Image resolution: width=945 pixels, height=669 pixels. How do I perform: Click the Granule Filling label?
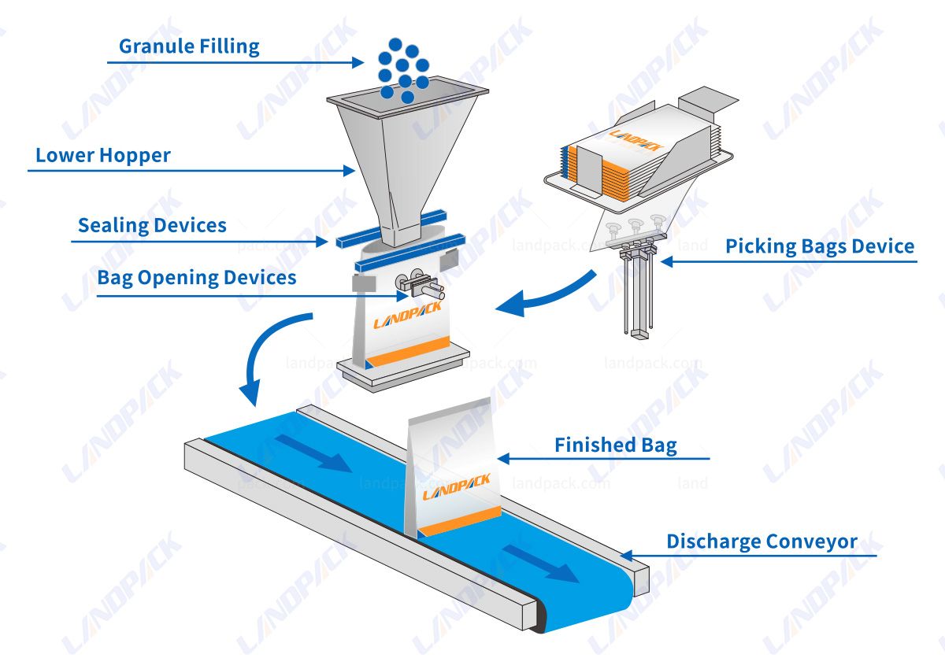pos(189,46)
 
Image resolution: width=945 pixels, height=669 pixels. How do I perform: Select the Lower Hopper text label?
pos(103,156)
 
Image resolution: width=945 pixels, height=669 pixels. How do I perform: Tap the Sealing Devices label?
pos(152,226)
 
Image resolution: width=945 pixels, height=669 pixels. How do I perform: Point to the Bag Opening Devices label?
pos(197,278)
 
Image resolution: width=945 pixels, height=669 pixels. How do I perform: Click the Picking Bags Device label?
pos(820,246)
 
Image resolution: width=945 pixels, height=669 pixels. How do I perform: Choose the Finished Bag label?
pos(615,445)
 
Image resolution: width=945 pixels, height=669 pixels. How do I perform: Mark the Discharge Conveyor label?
pos(762,541)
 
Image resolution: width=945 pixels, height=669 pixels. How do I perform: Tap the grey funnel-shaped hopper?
pos(402,157)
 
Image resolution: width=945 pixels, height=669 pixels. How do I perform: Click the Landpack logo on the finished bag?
pos(456,486)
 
